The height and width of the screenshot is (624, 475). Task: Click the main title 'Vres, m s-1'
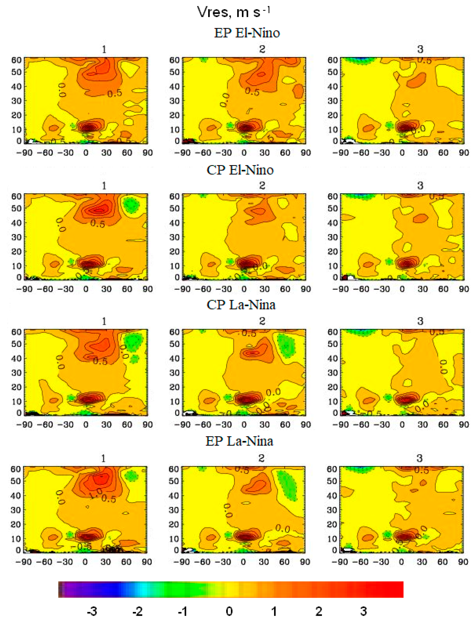pyautogui.click(x=234, y=12)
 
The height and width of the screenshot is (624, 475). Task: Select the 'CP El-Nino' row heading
pyautogui.click(x=240, y=170)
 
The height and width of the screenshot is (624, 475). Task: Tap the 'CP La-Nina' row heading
pyautogui.click(x=241, y=305)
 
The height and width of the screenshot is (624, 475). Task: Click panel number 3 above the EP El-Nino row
pyautogui.click(x=420, y=49)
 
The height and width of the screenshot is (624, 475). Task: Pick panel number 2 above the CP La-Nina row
pyautogui.click(x=262, y=321)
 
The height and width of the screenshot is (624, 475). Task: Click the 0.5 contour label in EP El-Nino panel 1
pyautogui.click(x=115, y=93)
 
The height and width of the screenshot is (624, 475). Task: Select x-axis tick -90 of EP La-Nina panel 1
pyautogui.click(x=23, y=562)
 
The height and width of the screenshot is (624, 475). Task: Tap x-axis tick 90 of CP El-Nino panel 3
pyautogui.click(x=464, y=289)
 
